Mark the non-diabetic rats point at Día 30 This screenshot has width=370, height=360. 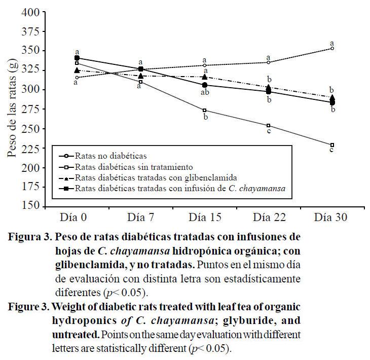[332, 48]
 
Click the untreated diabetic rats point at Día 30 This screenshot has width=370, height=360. [332, 145]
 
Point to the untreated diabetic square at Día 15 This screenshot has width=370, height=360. [205, 111]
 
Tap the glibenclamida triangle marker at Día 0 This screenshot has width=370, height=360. [77, 70]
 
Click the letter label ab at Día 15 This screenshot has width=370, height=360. [205, 93]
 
